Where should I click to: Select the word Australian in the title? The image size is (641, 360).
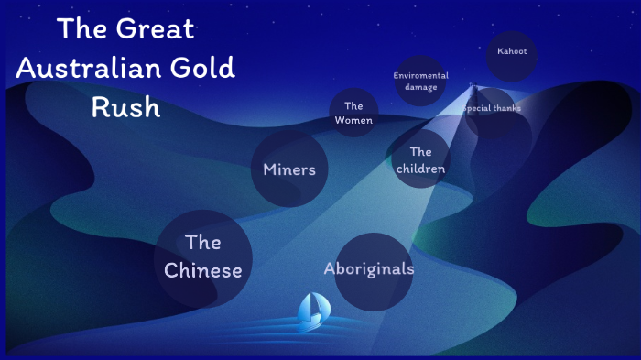click(x=80, y=68)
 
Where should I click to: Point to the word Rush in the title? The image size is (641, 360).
click(x=125, y=106)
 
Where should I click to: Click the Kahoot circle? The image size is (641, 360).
click(x=512, y=51)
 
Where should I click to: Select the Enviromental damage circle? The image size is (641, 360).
click(x=420, y=81)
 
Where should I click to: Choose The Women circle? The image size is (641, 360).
click(x=353, y=113)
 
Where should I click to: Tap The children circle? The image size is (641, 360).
click(x=420, y=159)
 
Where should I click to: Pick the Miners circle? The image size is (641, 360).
click(x=289, y=169)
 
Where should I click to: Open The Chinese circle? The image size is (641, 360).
click(x=202, y=256)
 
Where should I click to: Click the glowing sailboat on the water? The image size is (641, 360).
click(x=313, y=310)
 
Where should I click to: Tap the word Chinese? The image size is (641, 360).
click(x=202, y=271)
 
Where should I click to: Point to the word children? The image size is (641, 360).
click(x=420, y=169)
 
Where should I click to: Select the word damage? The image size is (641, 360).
click(x=420, y=87)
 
